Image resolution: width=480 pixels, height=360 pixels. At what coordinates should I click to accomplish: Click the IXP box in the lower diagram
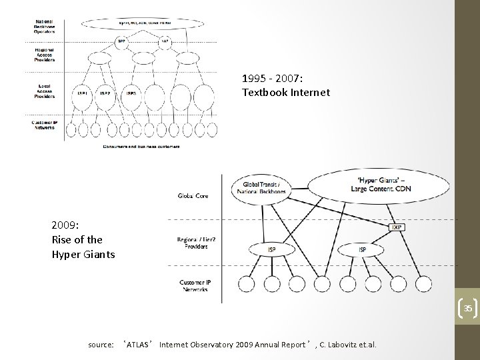(x=397, y=227)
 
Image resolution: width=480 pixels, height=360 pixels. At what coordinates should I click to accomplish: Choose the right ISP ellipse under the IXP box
(x=362, y=249)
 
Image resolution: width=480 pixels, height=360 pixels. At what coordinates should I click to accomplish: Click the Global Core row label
(x=193, y=196)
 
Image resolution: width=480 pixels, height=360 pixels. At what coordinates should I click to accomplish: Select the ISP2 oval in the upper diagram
(x=105, y=93)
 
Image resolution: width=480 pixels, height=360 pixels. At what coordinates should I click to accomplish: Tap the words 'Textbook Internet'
(x=286, y=93)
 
